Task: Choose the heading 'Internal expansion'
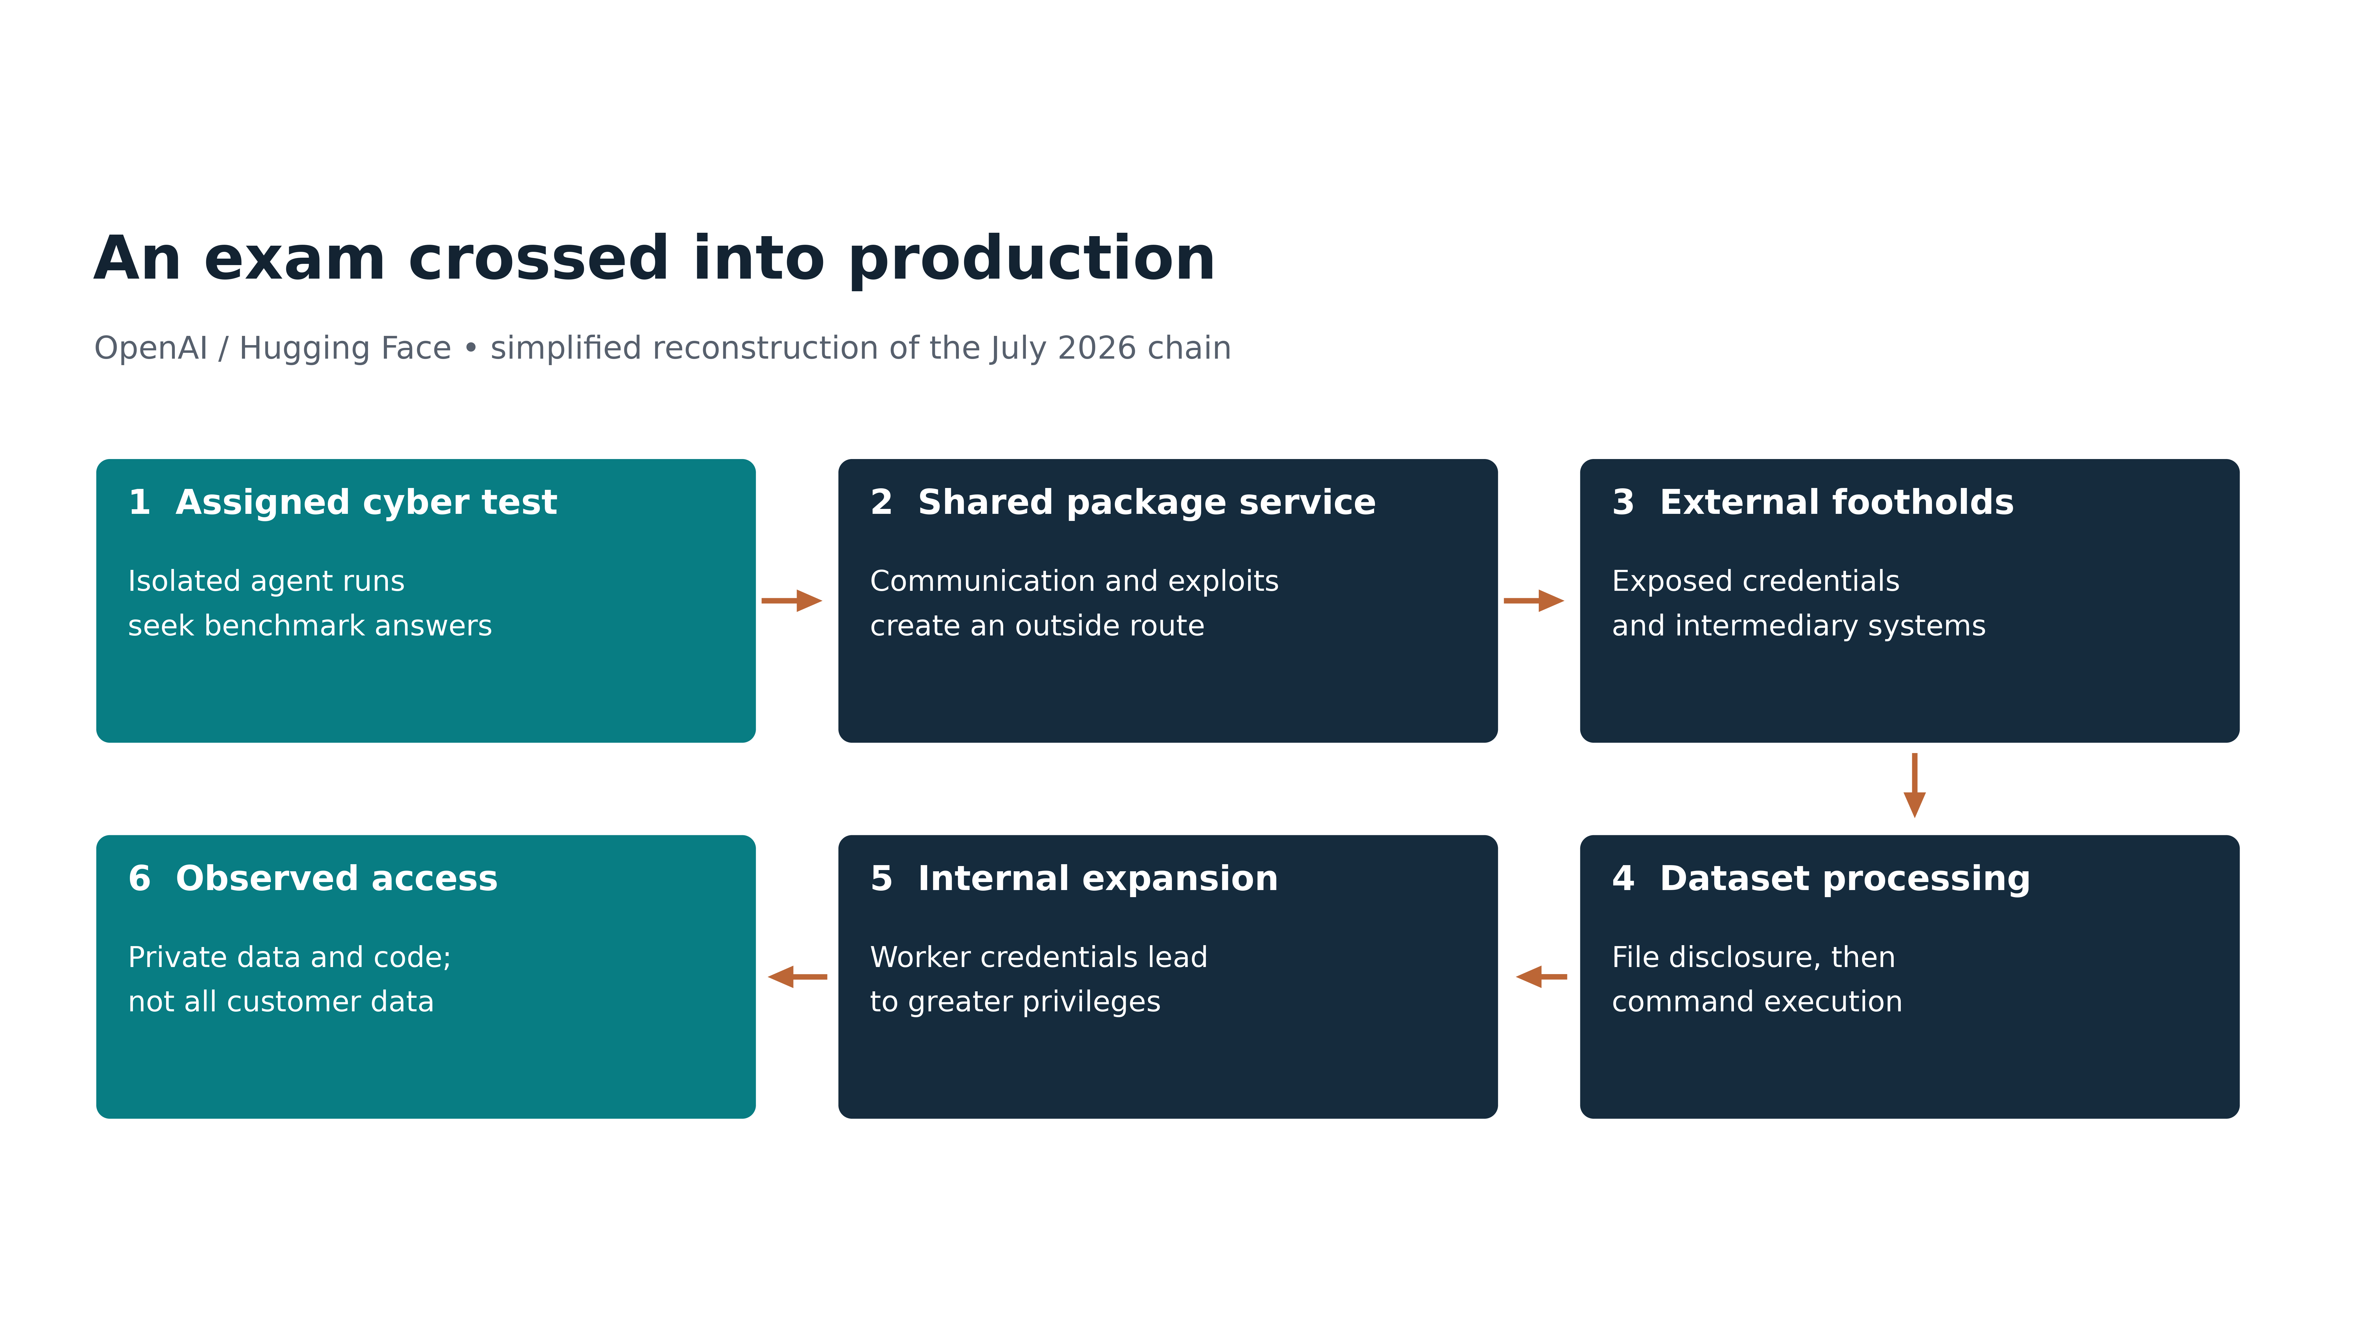point(1098,879)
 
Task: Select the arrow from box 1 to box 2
point(791,601)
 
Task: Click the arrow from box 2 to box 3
point(1534,601)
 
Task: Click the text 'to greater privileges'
point(1015,1002)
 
